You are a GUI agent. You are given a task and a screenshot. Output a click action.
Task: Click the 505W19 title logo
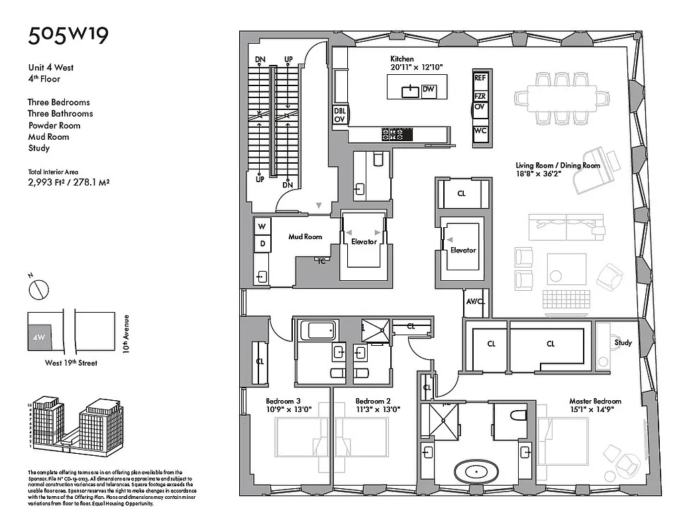pos(68,35)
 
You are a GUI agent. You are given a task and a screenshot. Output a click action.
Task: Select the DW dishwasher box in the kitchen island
pos(429,89)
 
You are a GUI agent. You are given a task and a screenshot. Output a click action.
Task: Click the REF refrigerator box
pos(480,78)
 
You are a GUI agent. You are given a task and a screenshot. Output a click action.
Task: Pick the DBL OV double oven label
pos(339,115)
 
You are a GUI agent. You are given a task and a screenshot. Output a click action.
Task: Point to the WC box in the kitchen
pos(480,131)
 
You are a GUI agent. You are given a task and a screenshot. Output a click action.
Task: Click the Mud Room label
pos(305,237)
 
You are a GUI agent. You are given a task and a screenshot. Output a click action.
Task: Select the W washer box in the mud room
pos(262,227)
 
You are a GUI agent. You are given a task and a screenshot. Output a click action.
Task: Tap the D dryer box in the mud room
pos(262,244)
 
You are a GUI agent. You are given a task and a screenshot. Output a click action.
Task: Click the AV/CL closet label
pos(476,301)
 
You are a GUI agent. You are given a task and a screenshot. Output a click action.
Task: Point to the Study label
pos(623,343)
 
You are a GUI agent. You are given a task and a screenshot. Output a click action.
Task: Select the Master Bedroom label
pos(596,401)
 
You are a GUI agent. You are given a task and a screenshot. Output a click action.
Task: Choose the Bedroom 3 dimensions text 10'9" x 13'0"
pos(283,409)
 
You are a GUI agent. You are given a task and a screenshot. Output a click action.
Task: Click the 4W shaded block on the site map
pos(39,337)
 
